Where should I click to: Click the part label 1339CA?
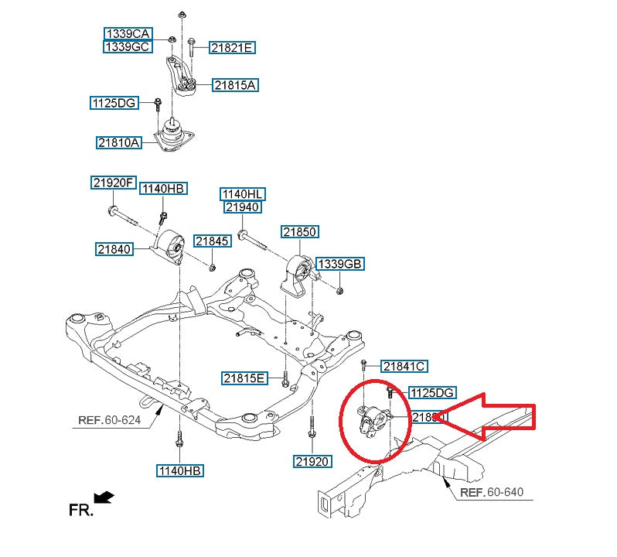[x=128, y=34]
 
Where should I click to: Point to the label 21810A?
[x=118, y=142]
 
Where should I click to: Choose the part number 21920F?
[x=113, y=183]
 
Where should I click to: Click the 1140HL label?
[x=243, y=193]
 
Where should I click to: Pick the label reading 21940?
[x=243, y=207]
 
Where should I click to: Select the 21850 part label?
[x=300, y=232]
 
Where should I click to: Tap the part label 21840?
[x=115, y=249]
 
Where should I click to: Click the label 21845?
[x=212, y=241]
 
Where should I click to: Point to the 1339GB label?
[x=339, y=265]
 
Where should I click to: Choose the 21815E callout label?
[x=244, y=378]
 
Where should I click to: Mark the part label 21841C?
[x=404, y=366]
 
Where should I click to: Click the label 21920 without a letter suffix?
[x=312, y=462]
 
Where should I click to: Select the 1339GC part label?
[x=128, y=47]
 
